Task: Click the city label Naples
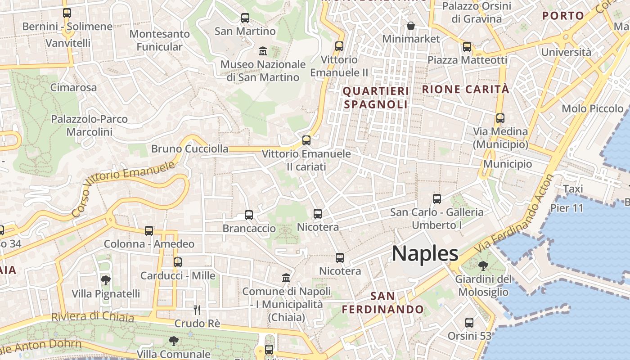pyautogui.click(x=425, y=253)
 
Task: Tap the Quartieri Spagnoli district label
pyautogui.click(x=375, y=98)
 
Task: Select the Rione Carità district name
pyautogui.click(x=466, y=89)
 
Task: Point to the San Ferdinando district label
pyautogui.click(x=383, y=303)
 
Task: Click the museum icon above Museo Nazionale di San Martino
pyautogui.click(x=263, y=51)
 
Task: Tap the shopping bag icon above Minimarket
pyautogui.click(x=410, y=26)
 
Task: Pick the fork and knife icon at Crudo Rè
pyautogui.click(x=197, y=310)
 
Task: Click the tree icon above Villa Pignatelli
pyautogui.click(x=106, y=280)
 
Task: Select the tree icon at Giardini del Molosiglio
pyautogui.click(x=483, y=266)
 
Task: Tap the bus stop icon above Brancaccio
pyautogui.click(x=249, y=215)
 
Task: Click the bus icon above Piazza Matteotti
pyautogui.click(x=467, y=46)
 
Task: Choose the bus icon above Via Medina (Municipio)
pyautogui.click(x=500, y=118)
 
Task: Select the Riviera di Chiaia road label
pyautogui.click(x=93, y=316)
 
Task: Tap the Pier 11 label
pyautogui.click(x=567, y=208)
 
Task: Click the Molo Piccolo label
pyautogui.click(x=593, y=108)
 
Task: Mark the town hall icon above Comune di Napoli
pyautogui.click(x=286, y=278)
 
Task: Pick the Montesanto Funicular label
pyautogui.click(x=160, y=40)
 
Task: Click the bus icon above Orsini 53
pyautogui.click(x=469, y=323)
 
